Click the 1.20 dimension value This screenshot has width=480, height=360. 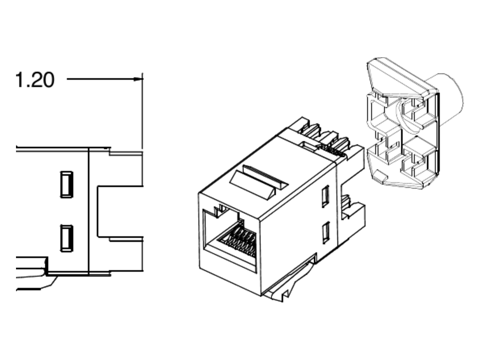[35, 80]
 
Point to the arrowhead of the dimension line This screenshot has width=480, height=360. [138, 79]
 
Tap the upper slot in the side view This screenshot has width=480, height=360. [67, 184]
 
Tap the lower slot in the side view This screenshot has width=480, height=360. [67, 238]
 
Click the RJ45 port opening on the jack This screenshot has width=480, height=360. [230, 241]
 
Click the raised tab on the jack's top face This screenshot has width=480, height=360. [259, 182]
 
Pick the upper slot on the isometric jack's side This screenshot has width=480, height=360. [326, 196]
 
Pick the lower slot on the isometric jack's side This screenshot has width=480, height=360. [326, 232]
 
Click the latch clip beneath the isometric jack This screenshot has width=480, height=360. [289, 282]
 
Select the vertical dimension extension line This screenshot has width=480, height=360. [142, 111]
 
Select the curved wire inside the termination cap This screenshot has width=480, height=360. [404, 116]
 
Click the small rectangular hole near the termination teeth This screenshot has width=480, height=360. [308, 146]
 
